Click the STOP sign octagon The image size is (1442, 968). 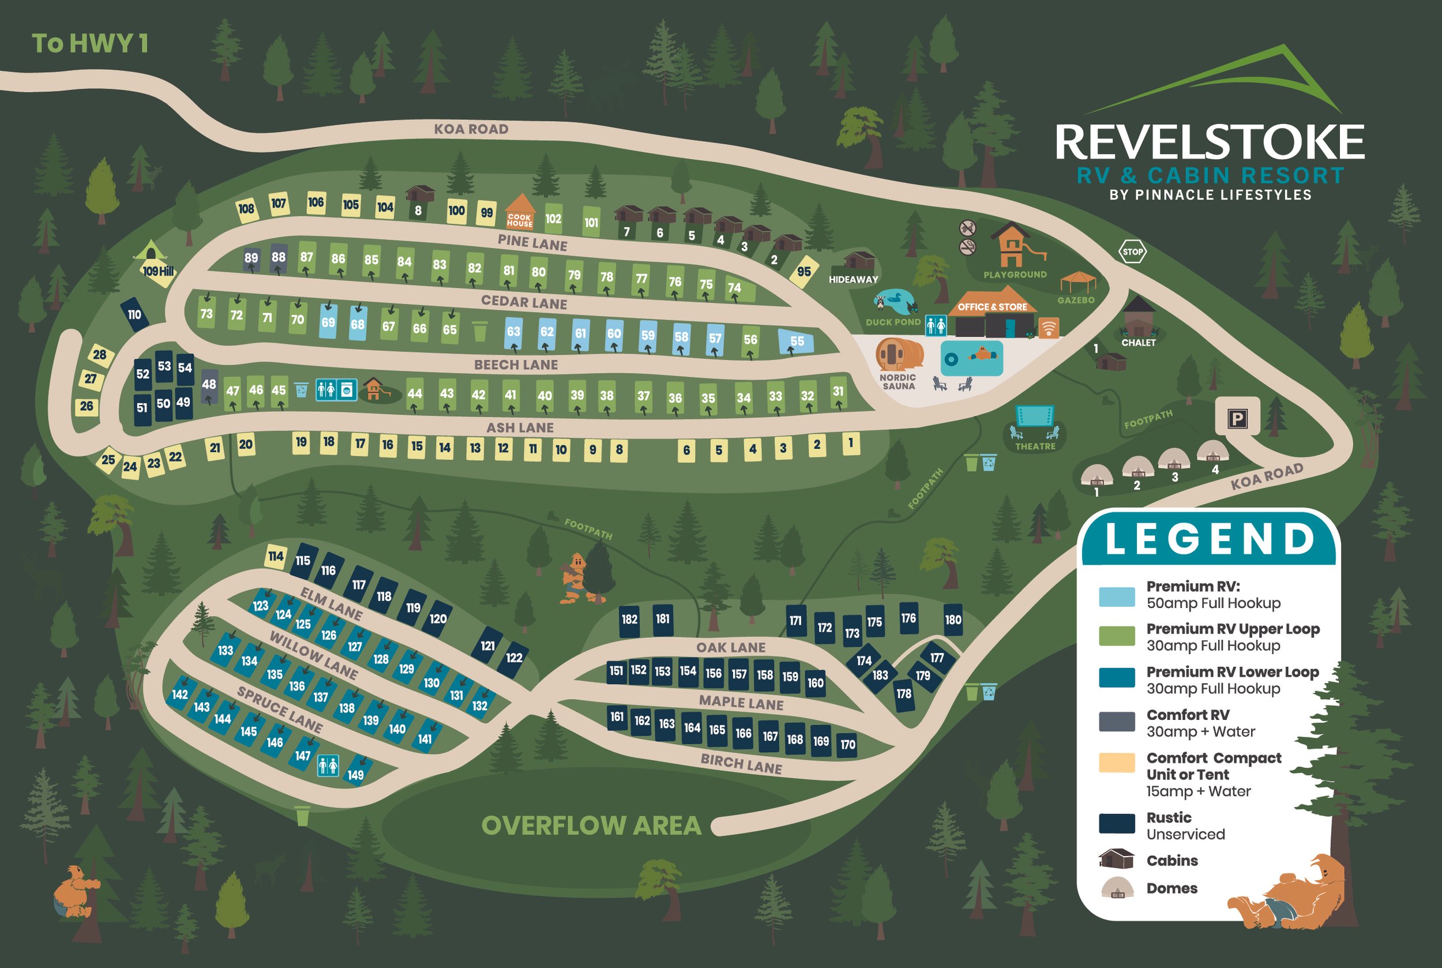(1132, 252)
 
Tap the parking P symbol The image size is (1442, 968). (1237, 419)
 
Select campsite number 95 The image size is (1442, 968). (803, 272)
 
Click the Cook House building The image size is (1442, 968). (520, 212)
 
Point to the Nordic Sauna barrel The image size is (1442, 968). (899, 355)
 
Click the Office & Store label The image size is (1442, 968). (992, 307)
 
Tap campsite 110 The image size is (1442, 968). (134, 314)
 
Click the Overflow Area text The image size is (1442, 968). (591, 826)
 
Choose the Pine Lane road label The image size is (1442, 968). (532, 243)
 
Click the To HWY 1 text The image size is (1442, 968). (90, 44)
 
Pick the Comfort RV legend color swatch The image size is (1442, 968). (1116, 721)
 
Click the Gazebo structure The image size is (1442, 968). (1078, 282)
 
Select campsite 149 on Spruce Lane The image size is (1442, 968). (355, 774)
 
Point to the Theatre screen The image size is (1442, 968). (1035, 415)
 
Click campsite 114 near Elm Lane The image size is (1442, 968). (275, 556)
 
